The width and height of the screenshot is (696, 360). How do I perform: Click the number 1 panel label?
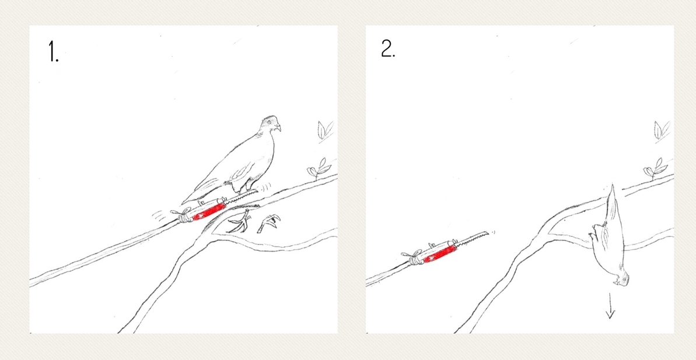(x=54, y=52)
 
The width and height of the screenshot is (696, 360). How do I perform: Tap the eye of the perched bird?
(x=268, y=122)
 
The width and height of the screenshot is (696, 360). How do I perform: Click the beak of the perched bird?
(x=278, y=128)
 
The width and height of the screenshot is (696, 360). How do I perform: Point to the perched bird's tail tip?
(x=183, y=203)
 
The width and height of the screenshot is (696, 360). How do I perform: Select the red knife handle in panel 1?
(x=209, y=209)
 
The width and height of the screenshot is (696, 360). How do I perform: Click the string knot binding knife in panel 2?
(x=415, y=258)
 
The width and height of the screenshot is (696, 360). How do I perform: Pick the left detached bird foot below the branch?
(x=240, y=222)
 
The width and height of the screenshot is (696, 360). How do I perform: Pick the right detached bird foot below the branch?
(x=270, y=222)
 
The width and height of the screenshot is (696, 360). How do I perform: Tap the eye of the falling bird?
(x=625, y=278)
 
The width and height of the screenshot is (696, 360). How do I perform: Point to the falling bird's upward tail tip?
(x=612, y=184)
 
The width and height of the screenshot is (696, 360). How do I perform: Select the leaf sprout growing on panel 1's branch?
(x=319, y=169)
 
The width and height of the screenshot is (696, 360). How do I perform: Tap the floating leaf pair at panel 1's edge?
(x=326, y=130)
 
